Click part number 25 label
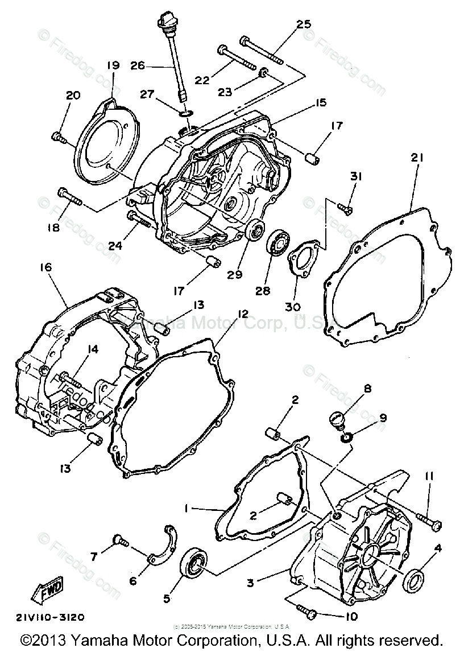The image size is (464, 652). (x=304, y=24)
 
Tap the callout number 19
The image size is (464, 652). (x=111, y=65)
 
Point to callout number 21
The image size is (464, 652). (x=417, y=158)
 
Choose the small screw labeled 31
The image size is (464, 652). (x=345, y=209)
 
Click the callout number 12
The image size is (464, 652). (x=243, y=314)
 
